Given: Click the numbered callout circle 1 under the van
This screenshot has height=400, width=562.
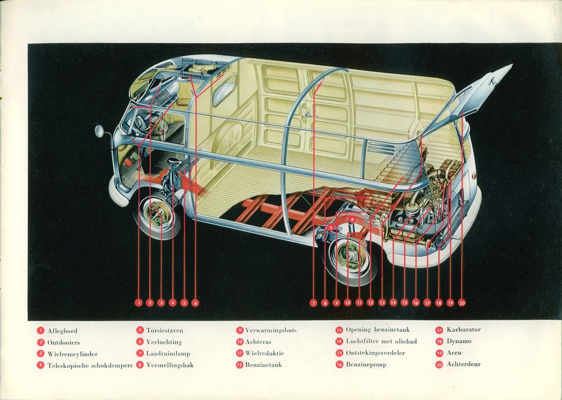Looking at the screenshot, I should [x=138, y=302].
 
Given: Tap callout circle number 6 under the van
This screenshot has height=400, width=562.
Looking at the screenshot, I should [x=195, y=302].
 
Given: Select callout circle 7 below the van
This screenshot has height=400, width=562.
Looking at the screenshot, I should [x=313, y=303].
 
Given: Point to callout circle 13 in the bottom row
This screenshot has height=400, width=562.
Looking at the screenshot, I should [x=382, y=302].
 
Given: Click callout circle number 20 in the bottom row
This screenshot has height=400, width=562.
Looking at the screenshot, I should [x=462, y=302].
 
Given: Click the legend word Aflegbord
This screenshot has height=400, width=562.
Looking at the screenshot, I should [x=62, y=331].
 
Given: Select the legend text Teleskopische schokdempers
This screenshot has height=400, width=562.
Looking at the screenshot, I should [x=90, y=366].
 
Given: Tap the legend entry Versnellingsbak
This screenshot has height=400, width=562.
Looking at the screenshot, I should [x=170, y=365].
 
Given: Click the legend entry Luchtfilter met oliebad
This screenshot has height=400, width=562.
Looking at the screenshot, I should [x=381, y=342].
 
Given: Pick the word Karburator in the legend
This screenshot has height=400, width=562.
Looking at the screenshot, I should [x=463, y=330].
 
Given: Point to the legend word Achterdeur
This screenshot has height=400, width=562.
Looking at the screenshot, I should [x=463, y=364].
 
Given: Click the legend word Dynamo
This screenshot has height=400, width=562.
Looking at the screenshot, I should [x=459, y=342].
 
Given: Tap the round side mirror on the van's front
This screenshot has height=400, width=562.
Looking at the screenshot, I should [x=100, y=131].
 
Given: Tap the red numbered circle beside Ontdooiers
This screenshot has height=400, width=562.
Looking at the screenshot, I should [x=41, y=343].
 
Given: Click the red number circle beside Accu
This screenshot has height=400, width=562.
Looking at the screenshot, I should [x=439, y=353].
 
